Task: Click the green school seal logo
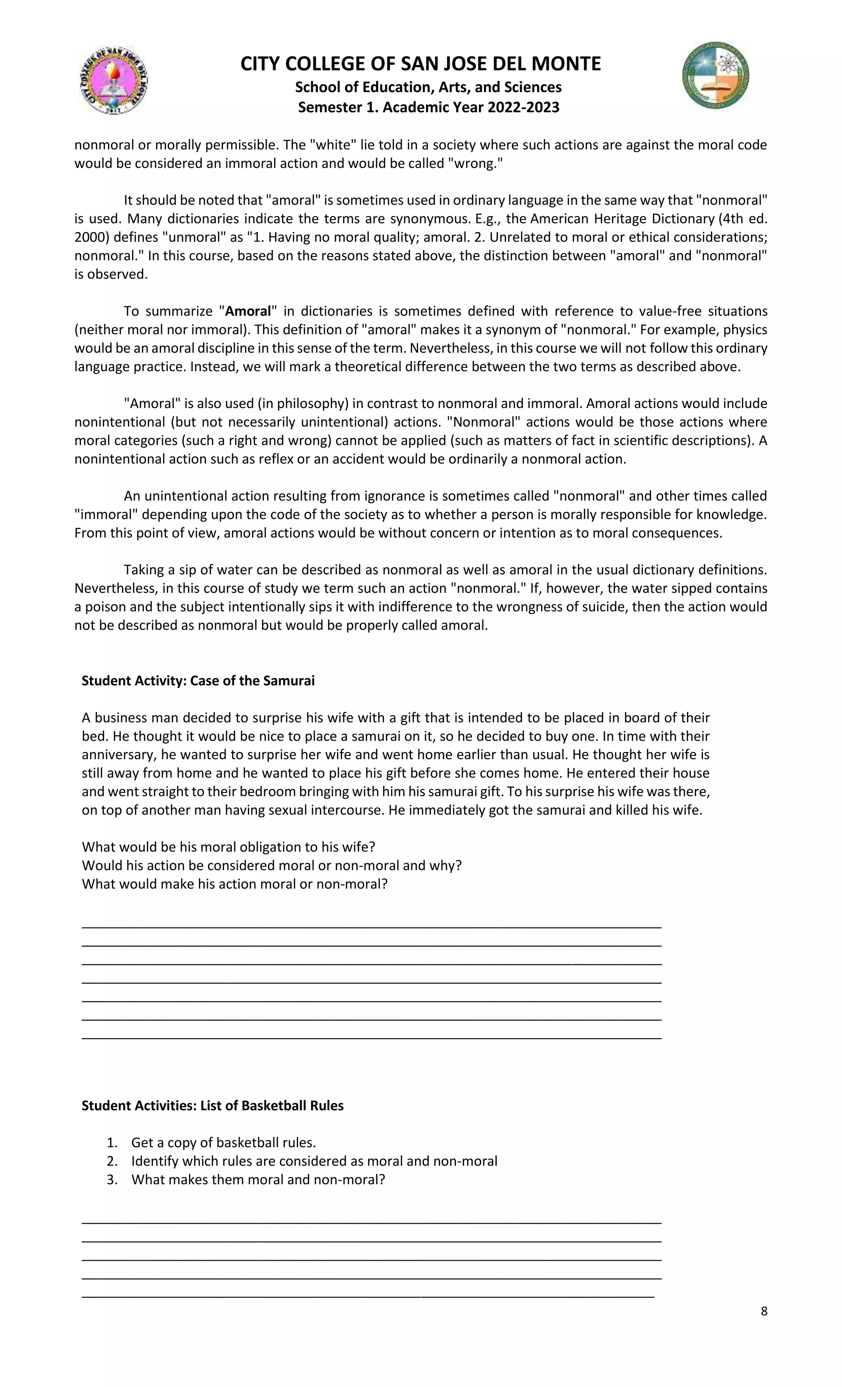tap(715, 75)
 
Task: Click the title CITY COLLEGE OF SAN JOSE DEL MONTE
tap(421, 64)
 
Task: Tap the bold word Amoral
tap(248, 311)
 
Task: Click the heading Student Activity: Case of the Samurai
tap(198, 681)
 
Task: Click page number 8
tap(764, 1311)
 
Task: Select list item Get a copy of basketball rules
tap(223, 1142)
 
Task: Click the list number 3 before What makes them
tap(111, 1179)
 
